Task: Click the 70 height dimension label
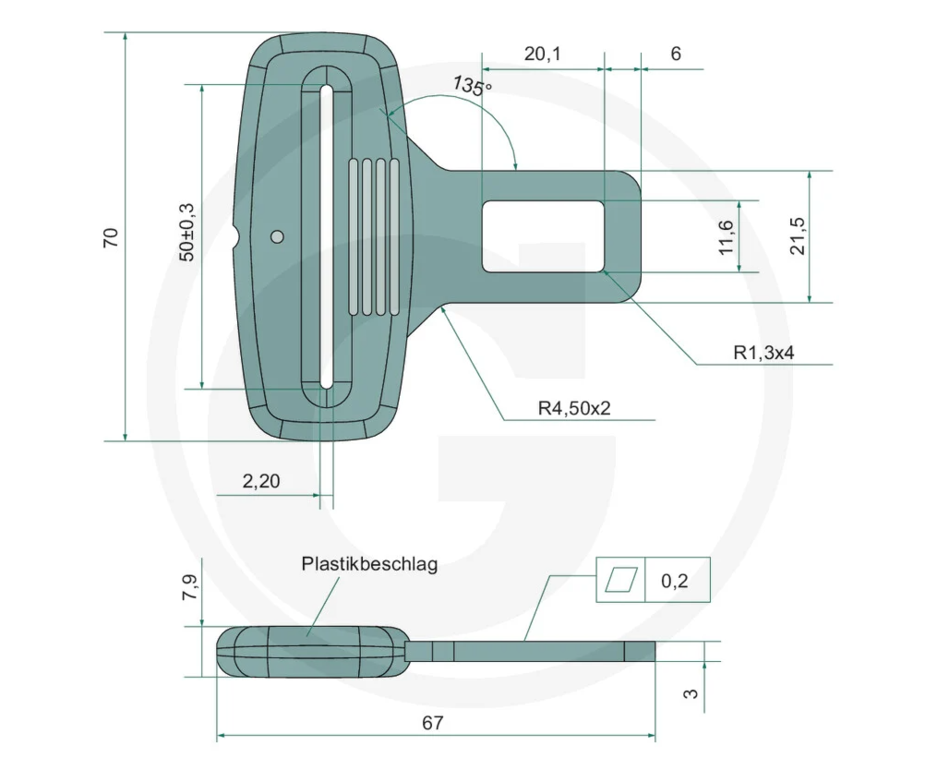pyautogui.click(x=111, y=237)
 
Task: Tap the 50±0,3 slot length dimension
pyautogui.click(x=187, y=232)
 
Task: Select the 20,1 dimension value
pyautogui.click(x=543, y=54)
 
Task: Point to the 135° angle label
pyautogui.click(x=472, y=86)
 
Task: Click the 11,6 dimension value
pyautogui.click(x=726, y=237)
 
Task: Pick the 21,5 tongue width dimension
pyautogui.click(x=798, y=236)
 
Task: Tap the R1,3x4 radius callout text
pyautogui.click(x=763, y=353)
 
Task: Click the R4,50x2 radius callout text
pyautogui.click(x=574, y=408)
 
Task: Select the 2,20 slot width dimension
pyautogui.click(x=261, y=481)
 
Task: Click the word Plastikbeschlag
pyautogui.click(x=369, y=564)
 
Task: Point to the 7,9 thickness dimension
pyautogui.click(x=190, y=587)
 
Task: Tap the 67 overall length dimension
pyautogui.click(x=433, y=723)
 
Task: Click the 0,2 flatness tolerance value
pyautogui.click(x=675, y=581)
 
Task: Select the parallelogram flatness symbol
pyautogui.click(x=621, y=579)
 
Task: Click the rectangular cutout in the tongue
pyautogui.click(x=543, y=236)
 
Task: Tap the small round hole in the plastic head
pyautogui.click(x=277, y=236)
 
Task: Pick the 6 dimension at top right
pyautogui.click(x=676, y=54)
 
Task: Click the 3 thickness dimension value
pyautogui.click(x=691, y=693)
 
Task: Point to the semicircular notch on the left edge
pyautogui.click(x=234, y=236)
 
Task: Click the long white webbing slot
pyautogui.click(x=326, y=236)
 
